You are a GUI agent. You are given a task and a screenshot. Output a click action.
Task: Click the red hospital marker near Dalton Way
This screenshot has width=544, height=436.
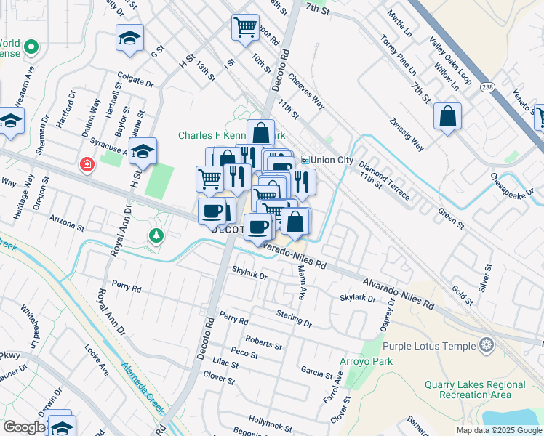click(87, 165)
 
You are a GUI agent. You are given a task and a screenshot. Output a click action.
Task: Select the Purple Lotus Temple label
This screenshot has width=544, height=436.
click(429, 347)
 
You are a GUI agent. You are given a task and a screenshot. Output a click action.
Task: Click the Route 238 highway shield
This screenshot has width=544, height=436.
click(487, 84)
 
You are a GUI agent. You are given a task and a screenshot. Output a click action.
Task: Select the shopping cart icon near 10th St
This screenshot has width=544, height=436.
click(245, 28)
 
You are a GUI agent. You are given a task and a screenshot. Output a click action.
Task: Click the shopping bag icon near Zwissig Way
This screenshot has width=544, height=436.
click(447, 117)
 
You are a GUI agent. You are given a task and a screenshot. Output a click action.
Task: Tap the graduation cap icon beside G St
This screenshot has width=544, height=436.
click(129, 39)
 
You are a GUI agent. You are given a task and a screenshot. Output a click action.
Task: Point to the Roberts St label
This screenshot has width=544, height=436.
click(263, 341)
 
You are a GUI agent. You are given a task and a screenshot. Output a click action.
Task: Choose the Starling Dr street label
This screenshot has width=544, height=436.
click(294, 318)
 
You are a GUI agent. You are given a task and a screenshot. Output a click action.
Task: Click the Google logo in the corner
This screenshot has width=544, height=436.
click(24, 427)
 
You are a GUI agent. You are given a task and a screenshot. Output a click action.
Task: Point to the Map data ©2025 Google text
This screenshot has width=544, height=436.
click(497, 430)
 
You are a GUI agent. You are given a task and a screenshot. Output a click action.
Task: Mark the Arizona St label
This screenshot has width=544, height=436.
click(67, 221)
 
